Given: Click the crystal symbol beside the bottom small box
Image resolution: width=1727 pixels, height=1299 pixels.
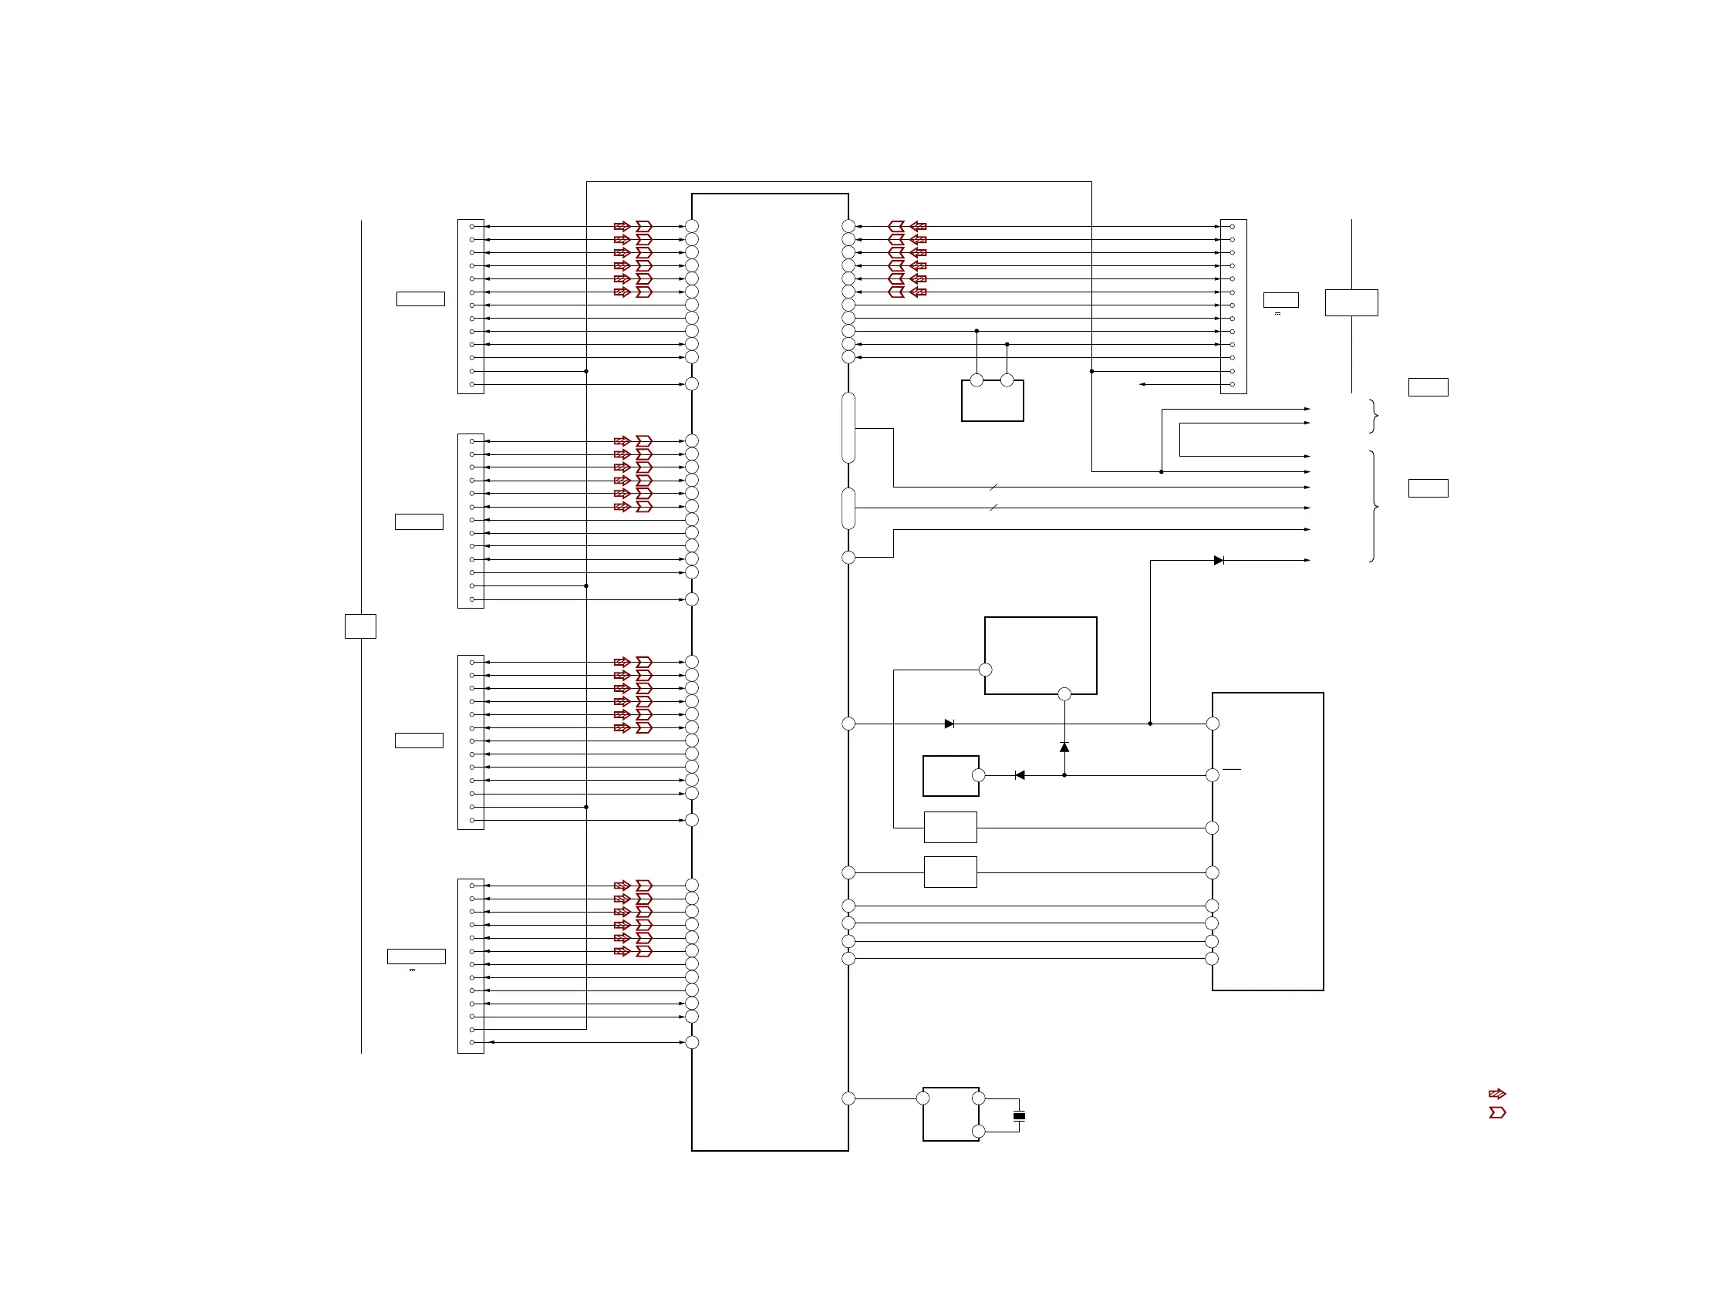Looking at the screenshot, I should click(x=1019, y=1115).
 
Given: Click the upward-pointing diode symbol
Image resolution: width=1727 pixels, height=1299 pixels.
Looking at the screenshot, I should click(x=1064, y=747).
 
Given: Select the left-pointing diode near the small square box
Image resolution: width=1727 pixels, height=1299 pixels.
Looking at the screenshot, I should click(x=1020, y=775).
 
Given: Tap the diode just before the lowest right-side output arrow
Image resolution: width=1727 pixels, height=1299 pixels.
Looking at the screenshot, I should click(x=1219, y=561).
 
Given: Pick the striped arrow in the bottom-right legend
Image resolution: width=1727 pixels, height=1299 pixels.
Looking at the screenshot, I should click(x=1496, y=1094).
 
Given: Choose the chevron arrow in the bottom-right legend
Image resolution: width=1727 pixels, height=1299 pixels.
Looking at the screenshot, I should click(x=1496, y=1112).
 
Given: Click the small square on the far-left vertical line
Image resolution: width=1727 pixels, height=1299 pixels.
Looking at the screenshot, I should click(x=361, y=626).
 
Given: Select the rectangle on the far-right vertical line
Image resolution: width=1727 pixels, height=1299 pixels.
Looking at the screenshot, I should click(x=1351, y=303).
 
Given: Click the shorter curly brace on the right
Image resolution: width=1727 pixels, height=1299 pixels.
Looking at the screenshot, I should click(x=1374, y=416).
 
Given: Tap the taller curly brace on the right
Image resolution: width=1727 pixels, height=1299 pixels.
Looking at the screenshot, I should click(x=1374, y=507).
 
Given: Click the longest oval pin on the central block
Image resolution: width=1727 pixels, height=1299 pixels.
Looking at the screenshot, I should click(x=848, y=428).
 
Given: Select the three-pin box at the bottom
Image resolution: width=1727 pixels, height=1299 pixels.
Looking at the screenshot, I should click(x=951, y=1114).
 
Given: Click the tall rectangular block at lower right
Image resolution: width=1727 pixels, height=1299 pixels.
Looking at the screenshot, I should click(x=1268, y=842).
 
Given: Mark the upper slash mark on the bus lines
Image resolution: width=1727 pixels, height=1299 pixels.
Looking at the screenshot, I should click(x=994, y=488).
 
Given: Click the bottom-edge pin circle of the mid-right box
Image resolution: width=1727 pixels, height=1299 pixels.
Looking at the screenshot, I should click(x=1064, y=694).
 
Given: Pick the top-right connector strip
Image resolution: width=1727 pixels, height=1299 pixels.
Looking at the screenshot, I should click(x=1233, y=306).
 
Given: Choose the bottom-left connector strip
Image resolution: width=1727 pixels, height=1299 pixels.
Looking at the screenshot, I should click(x=471, y=966).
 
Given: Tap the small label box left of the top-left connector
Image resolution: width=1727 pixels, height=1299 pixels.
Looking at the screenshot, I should click(x=421, y=299).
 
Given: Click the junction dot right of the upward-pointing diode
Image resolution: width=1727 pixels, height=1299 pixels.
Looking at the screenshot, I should click(x=1150, y=724).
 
